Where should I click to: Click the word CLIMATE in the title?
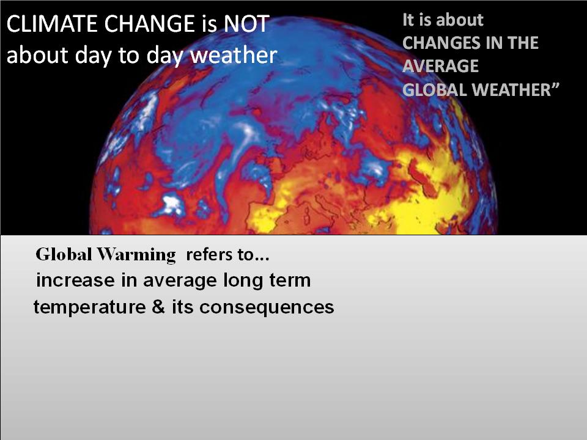pyautogui.click(x=52, y=24)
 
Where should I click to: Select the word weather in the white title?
pyautogui.click(x=234, y=55)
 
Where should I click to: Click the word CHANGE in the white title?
pyautogui.click(x=149, y=24)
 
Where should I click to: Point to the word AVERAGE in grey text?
pyautogui.click(x=440, y=66)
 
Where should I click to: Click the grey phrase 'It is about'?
pyautogui.click(x=443, y=20)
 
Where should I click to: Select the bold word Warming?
pyautogui.click(x=136, y=255)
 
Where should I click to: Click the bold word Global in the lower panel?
pyautogui.click(x=64, y=254)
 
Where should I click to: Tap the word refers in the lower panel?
pyautogui.click(x=209, y=254)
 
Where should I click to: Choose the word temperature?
pyautogui.click(x=90, y=307)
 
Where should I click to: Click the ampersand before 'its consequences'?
pyautogui.click(x=158, y=306)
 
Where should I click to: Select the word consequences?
pyautogui.click(x=267, y=307)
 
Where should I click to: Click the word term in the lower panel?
pyautogui.click(x=290, y=280)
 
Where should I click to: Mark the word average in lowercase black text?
pyautogui.click(x=180, y=281)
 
